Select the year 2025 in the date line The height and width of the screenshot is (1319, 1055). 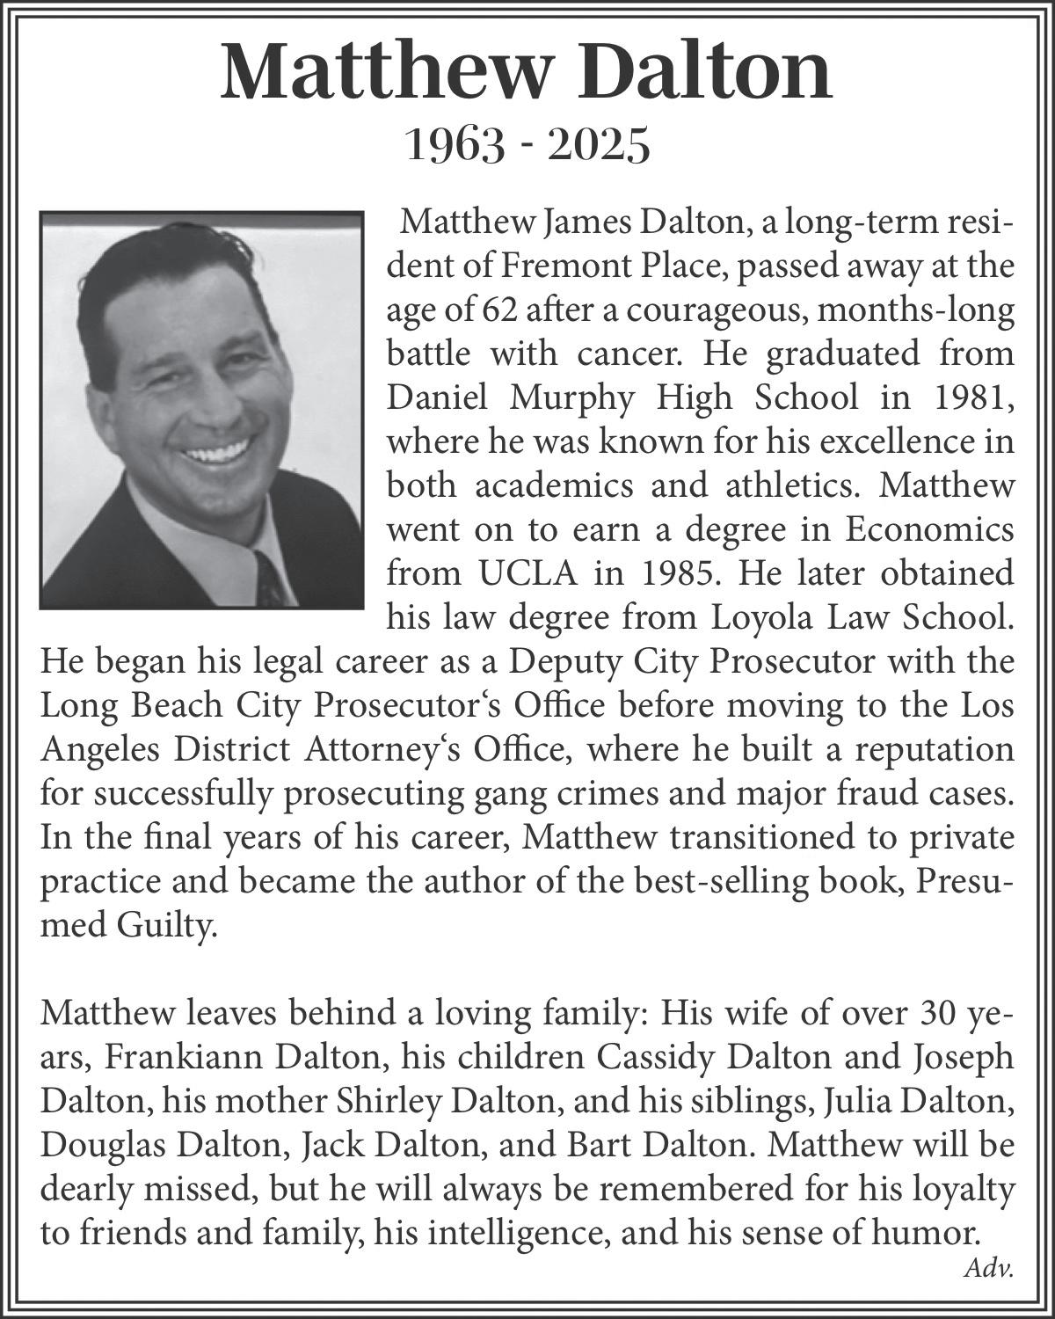(x=599, y=146)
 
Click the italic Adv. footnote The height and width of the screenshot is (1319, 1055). (x=989, y=1268)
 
